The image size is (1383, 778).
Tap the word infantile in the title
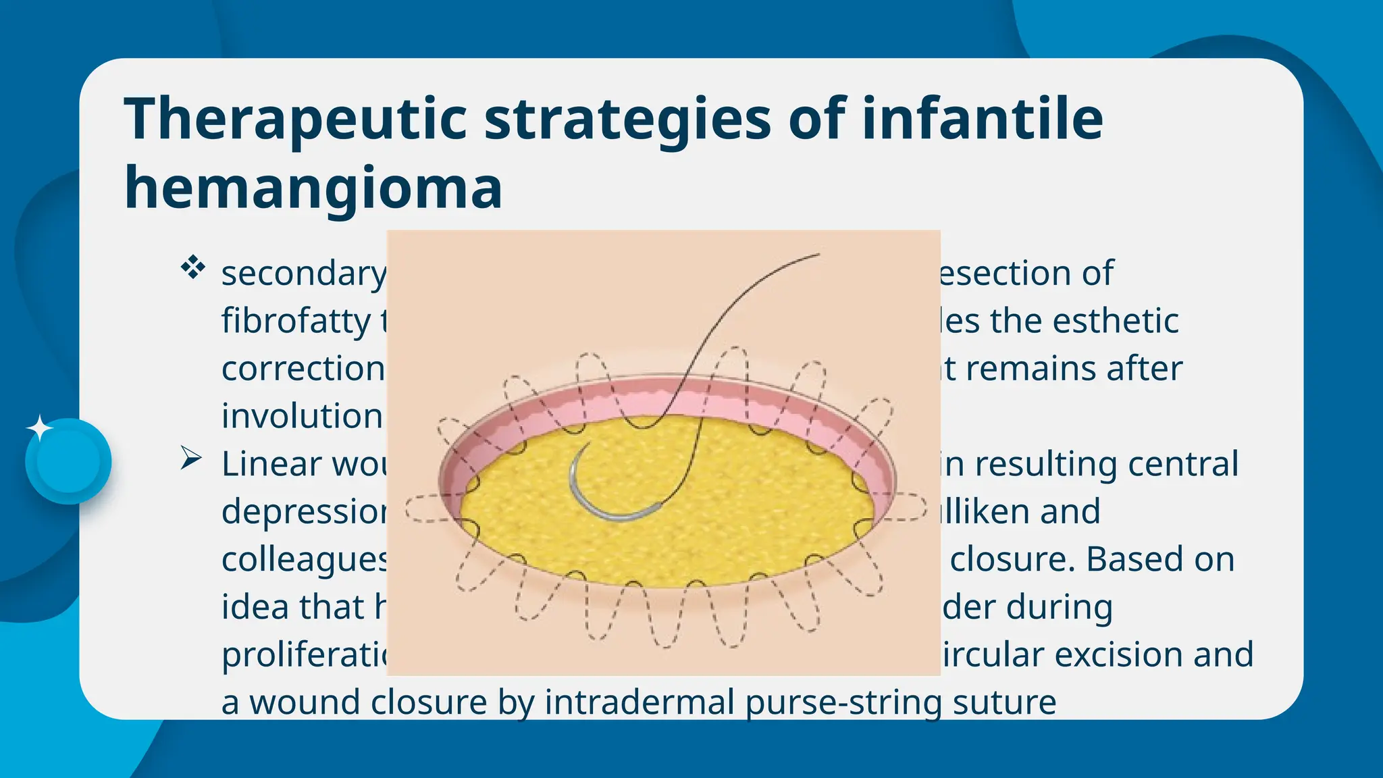click(982, 119)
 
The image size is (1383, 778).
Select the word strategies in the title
click(627, 119)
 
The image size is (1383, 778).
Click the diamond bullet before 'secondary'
click(193, 268)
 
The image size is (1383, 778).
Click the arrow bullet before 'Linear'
click(191, 459)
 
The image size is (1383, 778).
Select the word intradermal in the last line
click(640, 702)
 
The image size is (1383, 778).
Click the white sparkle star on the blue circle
click(39, 428)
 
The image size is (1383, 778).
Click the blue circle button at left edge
click(68, 461)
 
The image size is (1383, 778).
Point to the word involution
click(302, 416)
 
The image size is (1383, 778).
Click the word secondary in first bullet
click(303, 274)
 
